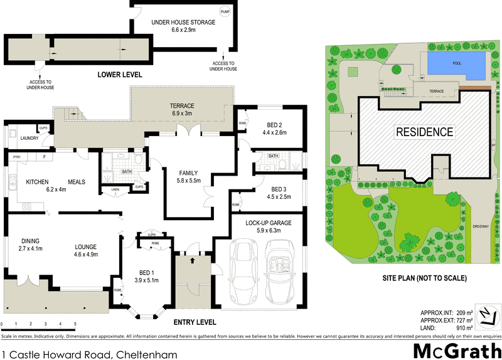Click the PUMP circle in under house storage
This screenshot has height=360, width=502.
[x=225, y=13]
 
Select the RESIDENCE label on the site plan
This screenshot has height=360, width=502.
[x=424, y=132]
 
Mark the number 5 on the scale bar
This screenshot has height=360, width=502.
[x=75, y=324]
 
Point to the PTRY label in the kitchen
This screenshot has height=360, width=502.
[x=17, y=157]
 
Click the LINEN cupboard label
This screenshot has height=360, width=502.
[x=115, y=189]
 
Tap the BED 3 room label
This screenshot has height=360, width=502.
[x=274, y=189]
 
